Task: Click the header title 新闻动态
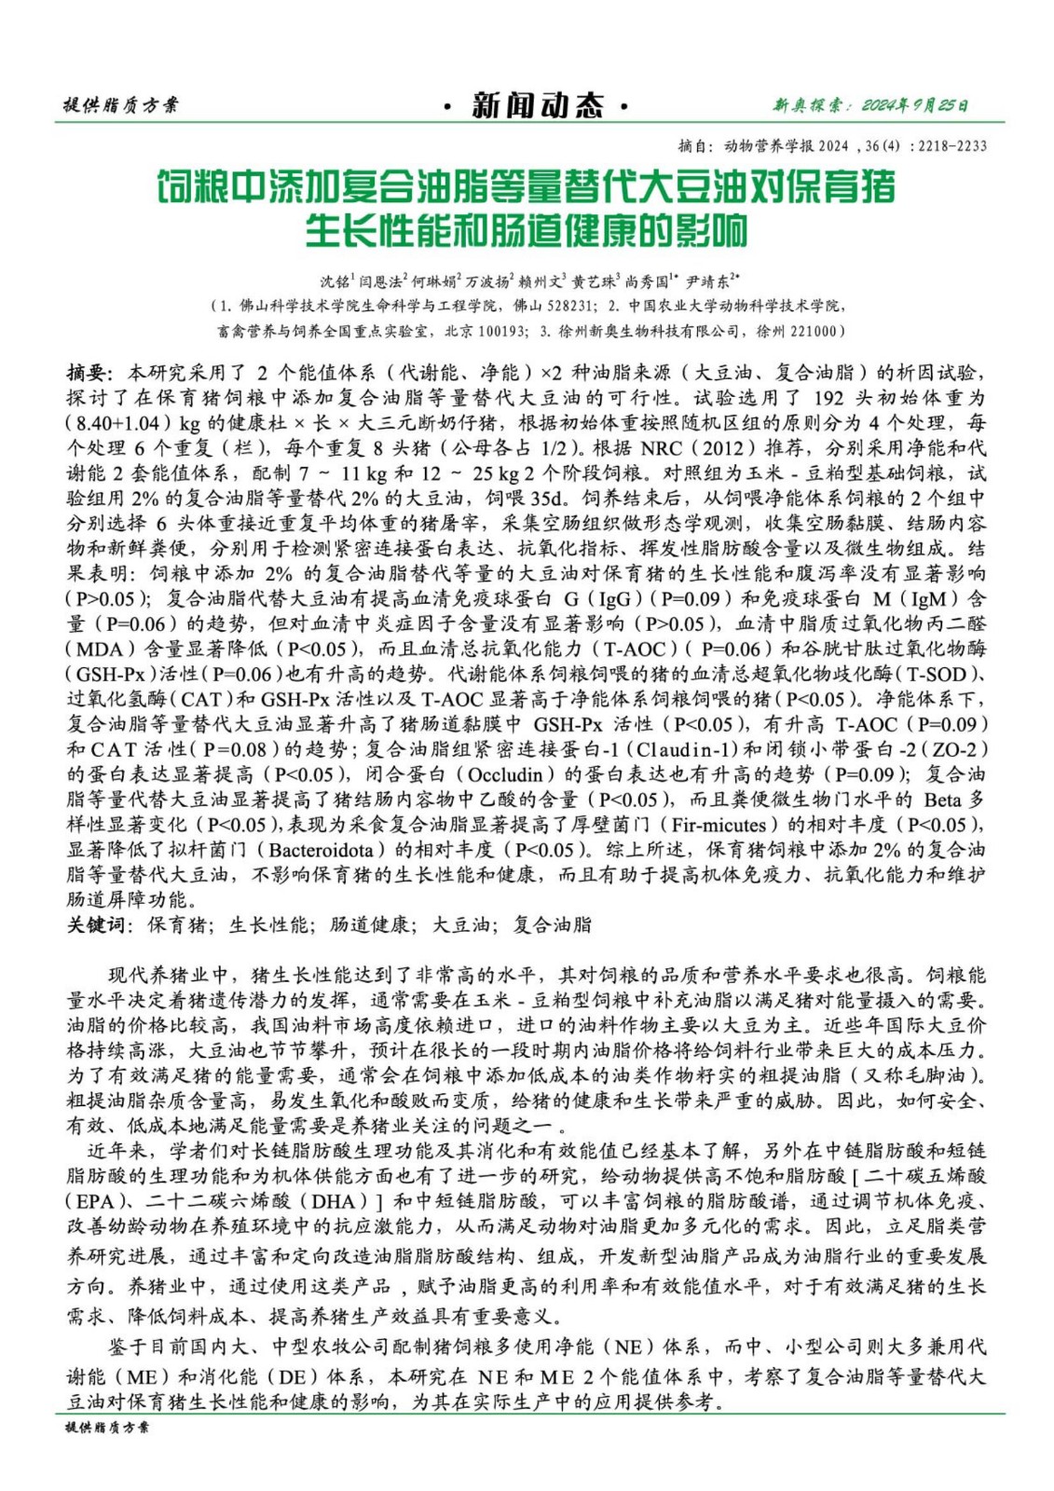[x=537, y=105]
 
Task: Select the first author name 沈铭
[x=334, y=280]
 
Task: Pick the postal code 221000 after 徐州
[x=813, y=331]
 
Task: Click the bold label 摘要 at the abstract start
[x=88, y=373]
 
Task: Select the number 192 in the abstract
[x=822, y=398]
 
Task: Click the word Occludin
[x=505, y=774]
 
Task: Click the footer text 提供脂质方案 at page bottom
[x=106, y=1427]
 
